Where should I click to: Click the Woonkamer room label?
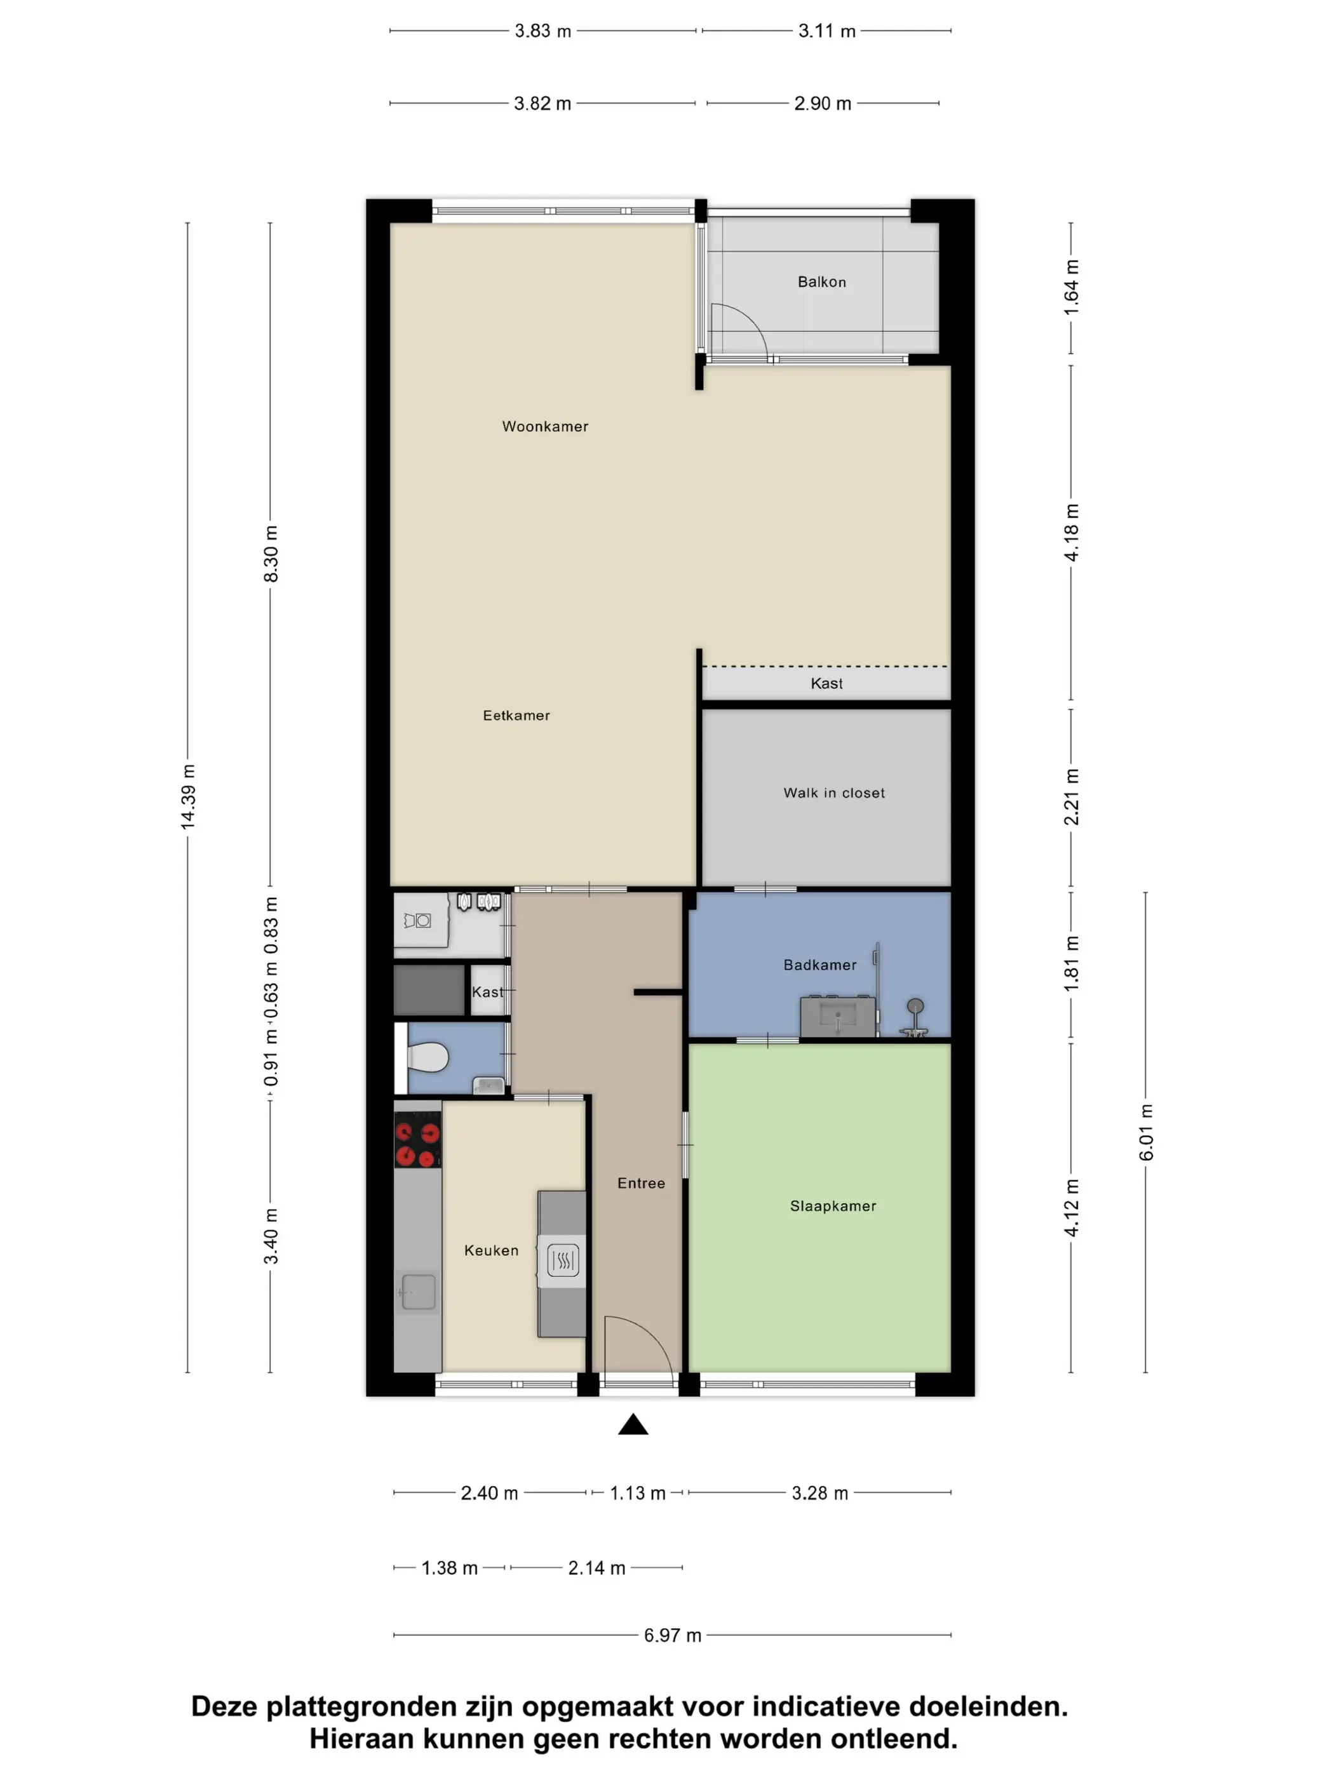coord(545,427)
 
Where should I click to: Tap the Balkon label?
coord(822,282)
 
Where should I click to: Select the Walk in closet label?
coord(834,792)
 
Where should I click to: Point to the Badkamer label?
coord(819,965)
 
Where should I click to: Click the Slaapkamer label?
coord(833,1206)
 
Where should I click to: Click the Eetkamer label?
coord(516,716)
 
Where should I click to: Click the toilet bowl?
coord(427,1057)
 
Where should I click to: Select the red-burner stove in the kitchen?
coord(417,1139)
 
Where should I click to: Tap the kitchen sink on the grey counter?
coord(417,1292)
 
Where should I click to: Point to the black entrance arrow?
coord(633,1424)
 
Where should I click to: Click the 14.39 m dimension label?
coord(187,796)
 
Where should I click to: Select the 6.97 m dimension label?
coord(672,1636)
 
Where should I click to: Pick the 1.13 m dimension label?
coord(638,1494)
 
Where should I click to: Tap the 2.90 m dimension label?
coord(823,104)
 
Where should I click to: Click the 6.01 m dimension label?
coord(1146,1133)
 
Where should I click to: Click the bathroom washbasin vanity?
coord(838,1016)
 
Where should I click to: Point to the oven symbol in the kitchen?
coord(563,1260)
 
